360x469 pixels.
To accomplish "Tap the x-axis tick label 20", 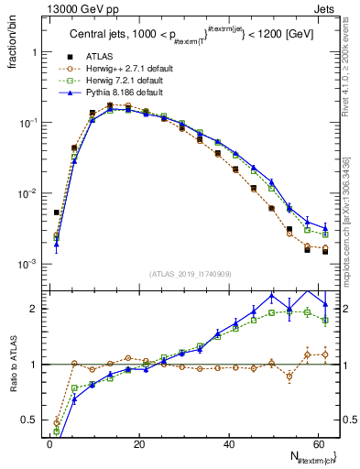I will (138, 443).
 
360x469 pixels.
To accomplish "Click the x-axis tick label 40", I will (228, 443).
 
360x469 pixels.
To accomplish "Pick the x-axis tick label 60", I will (318, 443).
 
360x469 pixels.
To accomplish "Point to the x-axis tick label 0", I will (49, 443).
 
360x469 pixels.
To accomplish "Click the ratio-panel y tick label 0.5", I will (32, 421).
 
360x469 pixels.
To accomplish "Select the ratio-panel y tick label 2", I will (36, 309).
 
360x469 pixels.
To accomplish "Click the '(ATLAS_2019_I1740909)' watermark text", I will (190, 275).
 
